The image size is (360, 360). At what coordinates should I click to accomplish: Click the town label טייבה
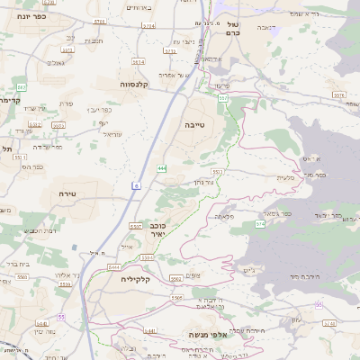pyautogui.click(x=197, y=127)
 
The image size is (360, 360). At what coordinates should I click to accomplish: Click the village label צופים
pyautogui.click(x=191, y=275)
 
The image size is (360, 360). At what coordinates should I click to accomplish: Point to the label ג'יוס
pyautogui.click(x=250, y=269)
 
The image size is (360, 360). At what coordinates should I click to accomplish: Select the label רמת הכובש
pyautogui.click(x=40, y=231)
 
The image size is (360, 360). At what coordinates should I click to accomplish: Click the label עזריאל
pyautogui.click(x=112, y=133)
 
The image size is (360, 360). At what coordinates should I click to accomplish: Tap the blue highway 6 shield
pyautogui.click(x=136, y=185)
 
